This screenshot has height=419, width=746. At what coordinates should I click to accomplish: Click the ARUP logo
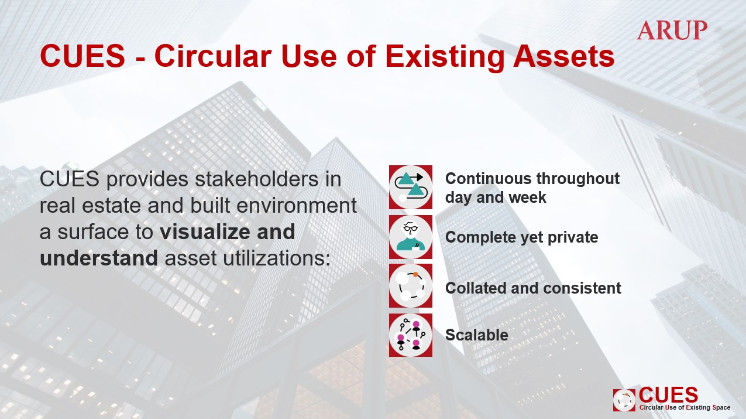click(672, 30)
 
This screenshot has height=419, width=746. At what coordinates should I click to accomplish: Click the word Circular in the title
click(213, 56)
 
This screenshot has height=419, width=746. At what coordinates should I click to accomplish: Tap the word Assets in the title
click(563, 56)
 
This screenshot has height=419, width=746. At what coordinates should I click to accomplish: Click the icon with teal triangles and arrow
click(411, 187)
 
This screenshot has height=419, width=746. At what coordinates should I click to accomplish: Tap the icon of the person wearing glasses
click(411, 237)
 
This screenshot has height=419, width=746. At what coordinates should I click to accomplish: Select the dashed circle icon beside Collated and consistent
click(411, 286)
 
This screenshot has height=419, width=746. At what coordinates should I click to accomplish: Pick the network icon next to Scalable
click(411, 335)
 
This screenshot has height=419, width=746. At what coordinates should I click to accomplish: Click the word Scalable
click(477, 335)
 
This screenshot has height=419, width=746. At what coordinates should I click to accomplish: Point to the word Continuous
click(488, 179)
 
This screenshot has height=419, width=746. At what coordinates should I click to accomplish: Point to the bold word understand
click(98, 258)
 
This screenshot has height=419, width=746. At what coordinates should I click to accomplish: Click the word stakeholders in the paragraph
click(256, 179)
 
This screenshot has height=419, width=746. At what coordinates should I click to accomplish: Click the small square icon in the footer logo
click(624, 400)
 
